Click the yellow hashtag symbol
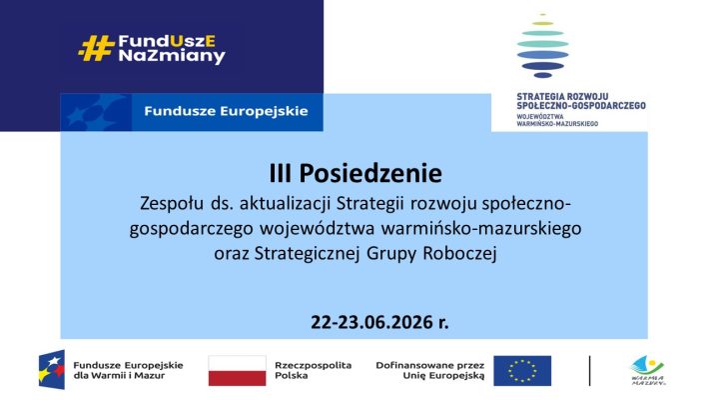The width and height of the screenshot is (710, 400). [96, 48]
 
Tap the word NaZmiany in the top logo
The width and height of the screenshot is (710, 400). [172, 56]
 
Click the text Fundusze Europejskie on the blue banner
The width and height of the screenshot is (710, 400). [226, 111]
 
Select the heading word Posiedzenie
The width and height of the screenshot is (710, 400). [370, 173]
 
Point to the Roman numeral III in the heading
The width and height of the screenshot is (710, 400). [281, 173]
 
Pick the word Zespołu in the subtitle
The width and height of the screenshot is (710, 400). [172, 204]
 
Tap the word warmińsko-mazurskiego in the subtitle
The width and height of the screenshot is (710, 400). [481, 228]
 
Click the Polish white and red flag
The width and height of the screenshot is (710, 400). [238, 371]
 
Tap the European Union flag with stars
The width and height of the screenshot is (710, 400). [522, 371]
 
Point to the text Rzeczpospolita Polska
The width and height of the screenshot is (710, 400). [313, 370]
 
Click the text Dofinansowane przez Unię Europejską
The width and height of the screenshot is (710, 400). [430, 370]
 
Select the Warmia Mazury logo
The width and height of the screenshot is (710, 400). [648, 371]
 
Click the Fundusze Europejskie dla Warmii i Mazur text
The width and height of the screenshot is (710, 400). [128, 370]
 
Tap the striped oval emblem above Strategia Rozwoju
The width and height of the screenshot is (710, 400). [543, 45]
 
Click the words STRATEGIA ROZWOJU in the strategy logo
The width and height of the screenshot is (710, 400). [562, 97]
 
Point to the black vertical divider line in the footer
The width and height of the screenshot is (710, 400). [589, 371]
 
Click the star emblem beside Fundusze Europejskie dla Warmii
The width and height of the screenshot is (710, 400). [52, 370]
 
